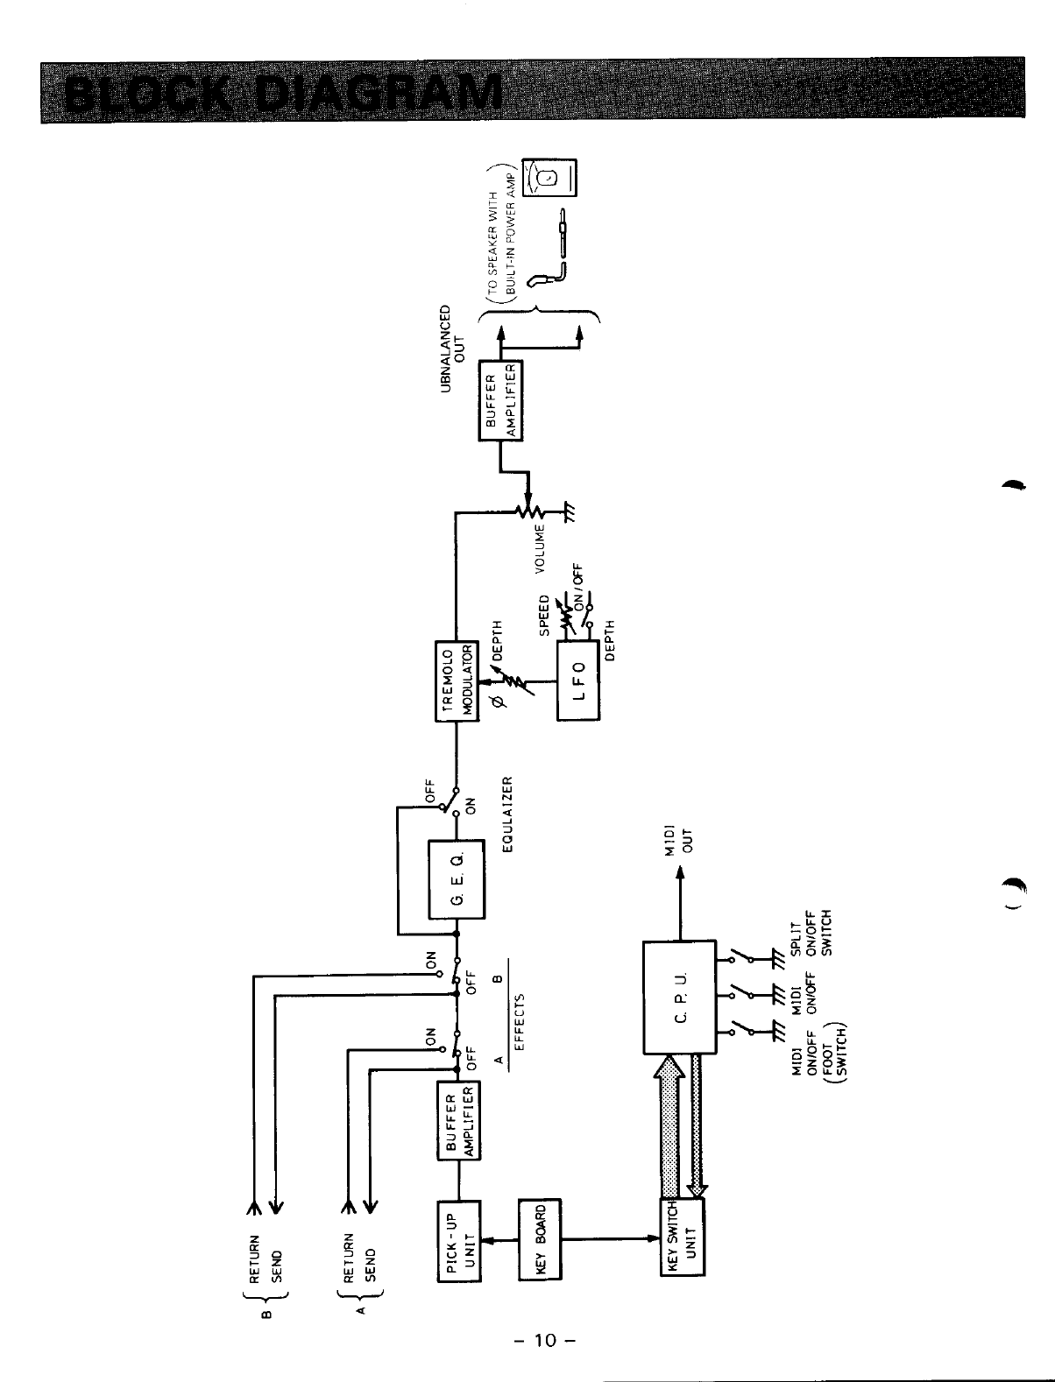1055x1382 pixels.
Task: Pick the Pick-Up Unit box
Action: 459,1240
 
